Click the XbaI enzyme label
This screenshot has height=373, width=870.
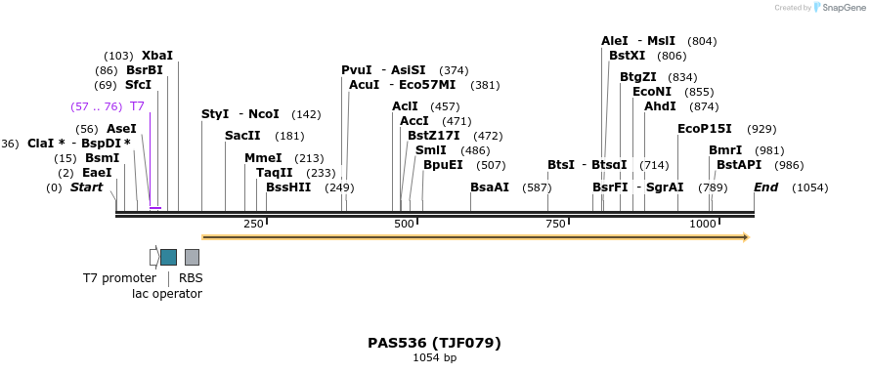157,56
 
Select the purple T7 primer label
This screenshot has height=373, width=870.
137,106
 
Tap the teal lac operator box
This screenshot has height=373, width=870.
169,257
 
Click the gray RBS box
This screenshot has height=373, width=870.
192,257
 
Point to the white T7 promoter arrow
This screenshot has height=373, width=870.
153,257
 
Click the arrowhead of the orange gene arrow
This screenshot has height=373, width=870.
745,236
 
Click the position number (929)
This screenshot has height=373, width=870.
761,129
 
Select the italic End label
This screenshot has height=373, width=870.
766,186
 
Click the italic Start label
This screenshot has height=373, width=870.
86,186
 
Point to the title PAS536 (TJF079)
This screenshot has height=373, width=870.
434,343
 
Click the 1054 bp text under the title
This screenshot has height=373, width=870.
434,358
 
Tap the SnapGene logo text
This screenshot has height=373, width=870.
841,8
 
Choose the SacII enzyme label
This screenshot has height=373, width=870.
242,136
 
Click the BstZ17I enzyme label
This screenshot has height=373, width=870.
433,136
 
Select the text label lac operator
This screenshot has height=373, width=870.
167,293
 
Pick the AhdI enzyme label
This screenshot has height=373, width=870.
660,106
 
